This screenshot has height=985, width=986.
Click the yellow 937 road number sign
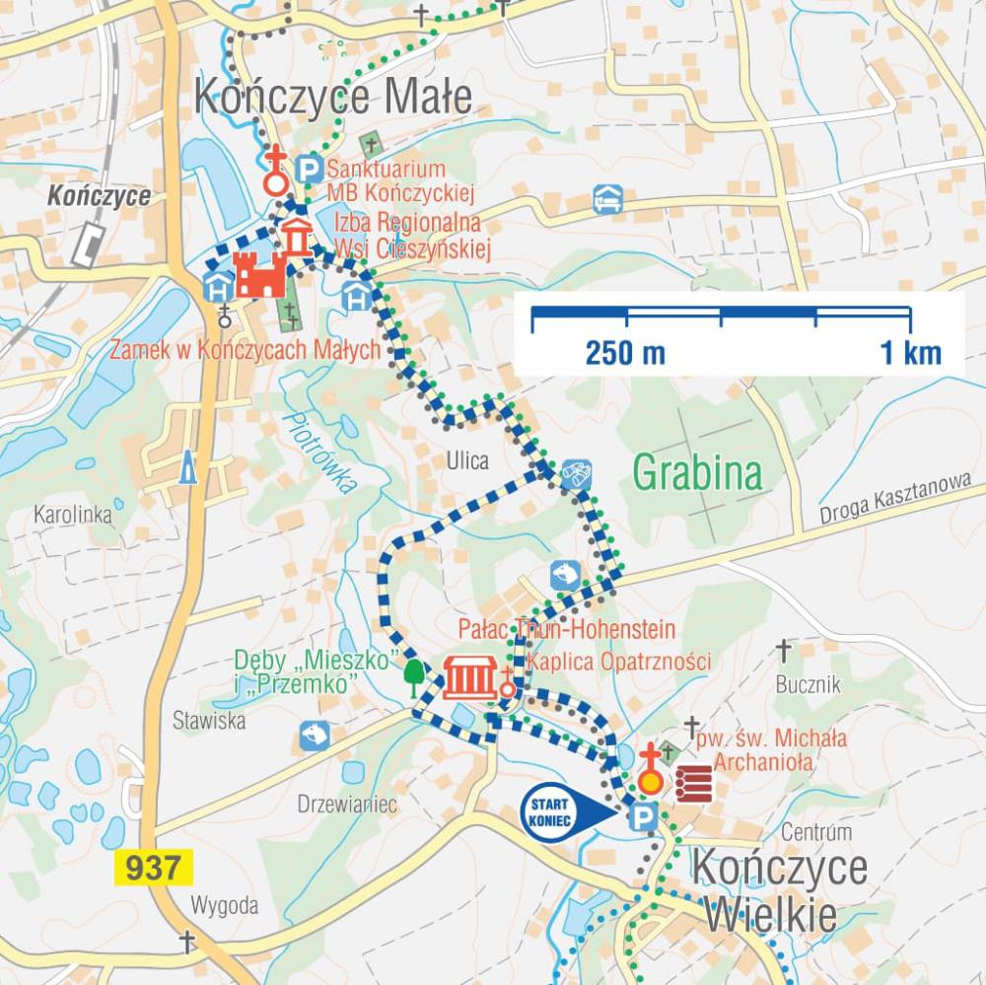[154, 868]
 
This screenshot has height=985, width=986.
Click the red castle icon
[259, 274]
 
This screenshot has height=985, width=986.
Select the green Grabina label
[697, 473]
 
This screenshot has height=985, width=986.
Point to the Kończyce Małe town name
[333, 98]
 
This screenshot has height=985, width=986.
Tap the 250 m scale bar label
[625, 352]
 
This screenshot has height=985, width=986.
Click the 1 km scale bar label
[910, 352]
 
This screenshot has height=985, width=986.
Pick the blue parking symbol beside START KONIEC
[643, 815]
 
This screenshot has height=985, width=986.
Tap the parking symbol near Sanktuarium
[310, 169]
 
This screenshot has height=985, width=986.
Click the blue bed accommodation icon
[607, 199]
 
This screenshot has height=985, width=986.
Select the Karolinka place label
[72, 514]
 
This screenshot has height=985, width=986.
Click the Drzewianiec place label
[347, 805]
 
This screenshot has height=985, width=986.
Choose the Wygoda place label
[224, 905]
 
